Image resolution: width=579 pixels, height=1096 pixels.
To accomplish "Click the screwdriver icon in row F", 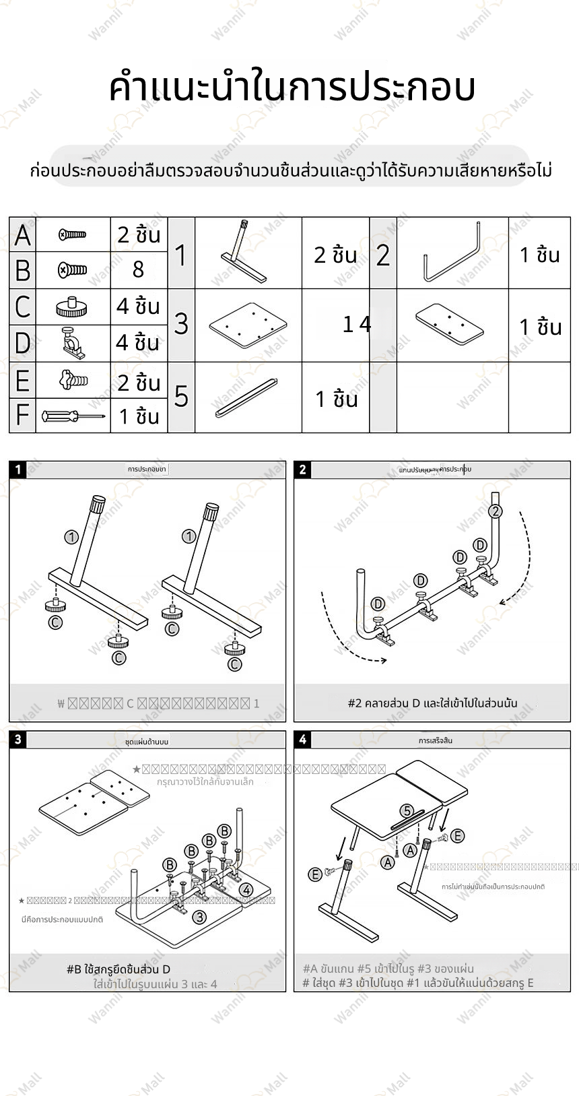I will pyautogui.click(x=73, y=416).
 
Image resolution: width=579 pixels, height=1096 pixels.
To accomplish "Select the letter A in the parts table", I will pyautogui.click(x=22, y=235).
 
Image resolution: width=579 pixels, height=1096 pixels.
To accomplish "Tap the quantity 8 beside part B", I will pyautogui.click(x=138, y=269).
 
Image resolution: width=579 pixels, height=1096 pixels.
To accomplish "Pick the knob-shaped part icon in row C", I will pyautogui.click(x=73, y=307).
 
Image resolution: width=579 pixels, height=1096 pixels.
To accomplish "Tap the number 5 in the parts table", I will pyautogui.click(x=181, y=396).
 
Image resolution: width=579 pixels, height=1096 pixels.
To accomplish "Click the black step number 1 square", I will pyautogui.click(x=18, y=470).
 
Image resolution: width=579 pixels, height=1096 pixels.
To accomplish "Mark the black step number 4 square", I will pyautogui.click(x=303, y=740).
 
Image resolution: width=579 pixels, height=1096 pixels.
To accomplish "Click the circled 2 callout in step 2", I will pyautogui.click(x=496, y=511).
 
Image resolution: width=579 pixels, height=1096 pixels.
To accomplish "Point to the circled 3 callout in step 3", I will pyautogui.click(x=199, y=916).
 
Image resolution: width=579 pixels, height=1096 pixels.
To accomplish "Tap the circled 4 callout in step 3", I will pyautogui.click(x=246, y=890).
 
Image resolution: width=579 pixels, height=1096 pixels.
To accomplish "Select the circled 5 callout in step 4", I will pyautogui.click(x=407, y=810).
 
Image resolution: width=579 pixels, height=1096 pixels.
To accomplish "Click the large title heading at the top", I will pyautogui.click(x=292, y=88).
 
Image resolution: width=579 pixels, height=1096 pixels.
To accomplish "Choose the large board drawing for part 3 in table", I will pyautogui.click(x=248, y=324).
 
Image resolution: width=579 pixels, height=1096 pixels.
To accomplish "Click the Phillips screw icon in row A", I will pyautogui.click(x=73, y=234).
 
